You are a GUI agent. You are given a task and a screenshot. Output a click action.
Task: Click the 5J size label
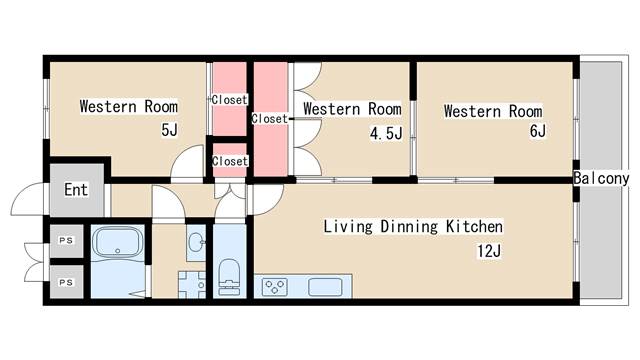click(169, 130)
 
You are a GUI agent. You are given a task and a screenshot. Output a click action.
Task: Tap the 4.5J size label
click(386, 133)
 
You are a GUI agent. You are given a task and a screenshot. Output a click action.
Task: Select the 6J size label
click(538, 131)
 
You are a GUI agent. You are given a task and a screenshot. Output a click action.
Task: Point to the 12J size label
click(489, 251)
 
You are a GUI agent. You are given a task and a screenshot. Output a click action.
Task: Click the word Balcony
click(601, 178)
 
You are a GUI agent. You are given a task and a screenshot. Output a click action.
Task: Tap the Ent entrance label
click(76, 189)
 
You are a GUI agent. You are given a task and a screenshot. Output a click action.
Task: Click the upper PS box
click(67, 241)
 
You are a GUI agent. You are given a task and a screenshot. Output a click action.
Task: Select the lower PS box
click(67, 282)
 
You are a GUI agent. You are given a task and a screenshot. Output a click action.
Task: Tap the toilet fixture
click(229, 277)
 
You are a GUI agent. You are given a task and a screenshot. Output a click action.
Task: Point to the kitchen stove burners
click(275, 287)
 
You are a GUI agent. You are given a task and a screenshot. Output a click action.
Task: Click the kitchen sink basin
click(325, 287)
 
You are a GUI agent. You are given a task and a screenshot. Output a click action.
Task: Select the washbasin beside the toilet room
click(197, 242)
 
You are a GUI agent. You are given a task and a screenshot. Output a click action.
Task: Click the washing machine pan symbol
click(192, 284)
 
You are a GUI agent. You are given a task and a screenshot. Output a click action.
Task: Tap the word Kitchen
click(474, 227)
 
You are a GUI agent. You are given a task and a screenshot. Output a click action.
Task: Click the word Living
click(348, 227)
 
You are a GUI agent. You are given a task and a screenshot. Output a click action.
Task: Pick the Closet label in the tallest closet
click(269, 119)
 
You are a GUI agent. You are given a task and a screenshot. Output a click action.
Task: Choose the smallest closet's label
click(230, 161)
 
